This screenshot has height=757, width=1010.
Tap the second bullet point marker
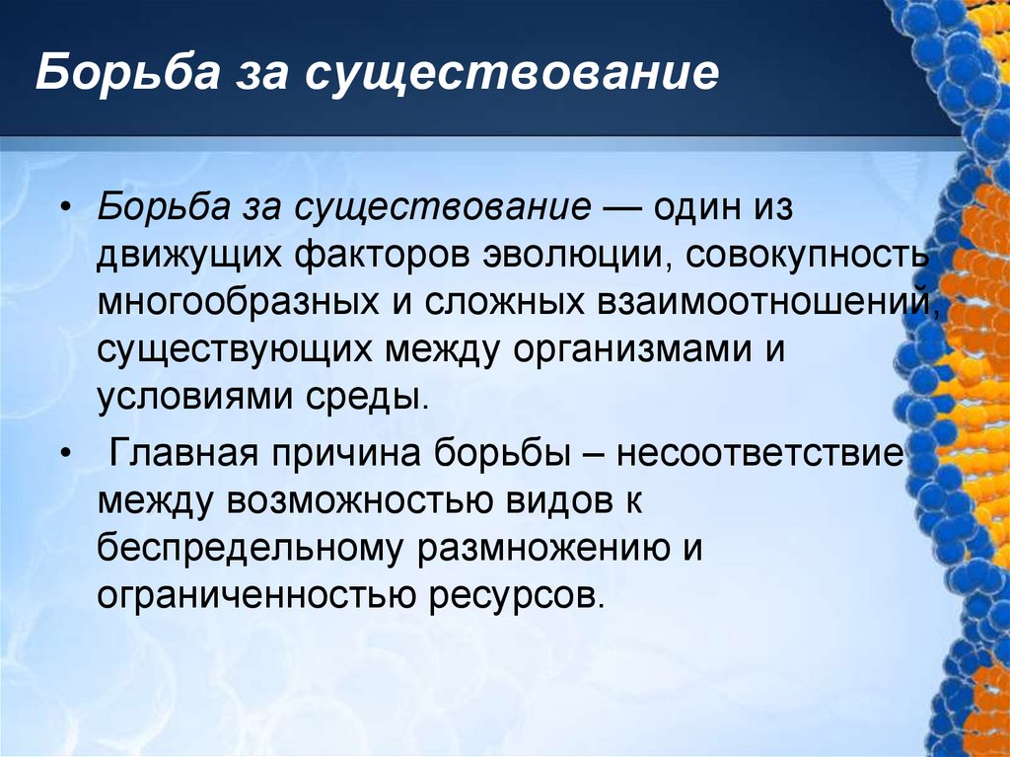tap(66, 455)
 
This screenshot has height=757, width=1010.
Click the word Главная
tap(184, 455)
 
